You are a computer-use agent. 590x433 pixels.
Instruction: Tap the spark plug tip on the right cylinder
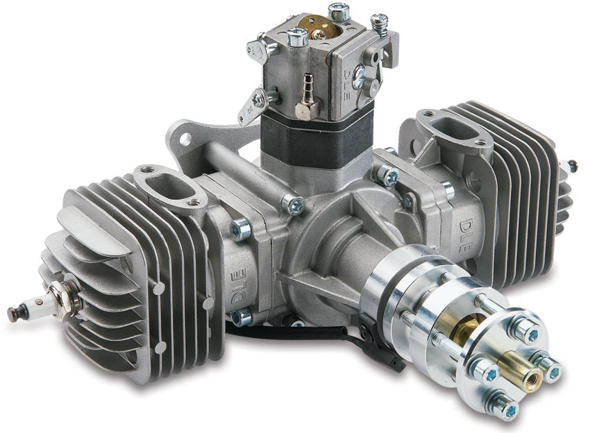[573, 166]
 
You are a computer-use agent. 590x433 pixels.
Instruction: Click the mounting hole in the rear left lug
[185, 139]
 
